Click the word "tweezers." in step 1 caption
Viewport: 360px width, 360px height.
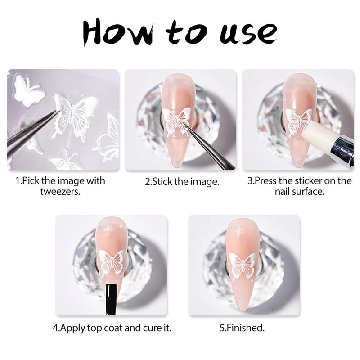click(x=60, y=192)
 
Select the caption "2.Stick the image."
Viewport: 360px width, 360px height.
click(x=182, y=181)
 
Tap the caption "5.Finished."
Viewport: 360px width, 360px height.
click(x=242, y=328)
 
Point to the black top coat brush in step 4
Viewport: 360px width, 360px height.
click(x=111, y=299)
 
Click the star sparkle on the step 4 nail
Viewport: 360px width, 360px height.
click(x=108, y=229)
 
